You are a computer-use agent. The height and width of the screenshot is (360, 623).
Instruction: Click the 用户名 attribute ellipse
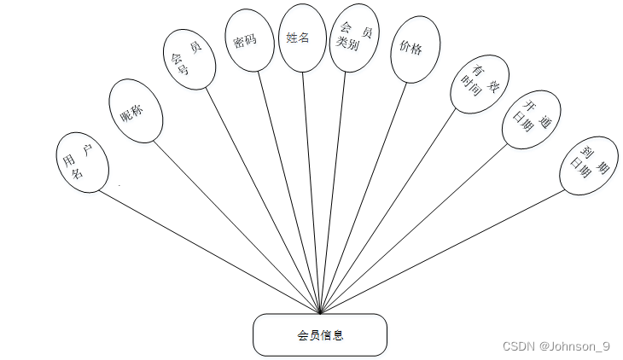click(82, 162)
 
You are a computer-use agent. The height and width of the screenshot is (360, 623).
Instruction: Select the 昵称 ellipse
click(137, 111)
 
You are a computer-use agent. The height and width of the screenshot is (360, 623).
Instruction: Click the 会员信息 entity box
click(320, 334)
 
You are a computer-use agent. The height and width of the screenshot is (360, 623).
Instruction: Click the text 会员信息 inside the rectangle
click(320, 335)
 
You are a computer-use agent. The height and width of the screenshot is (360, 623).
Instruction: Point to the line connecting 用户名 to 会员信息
click(210, 252)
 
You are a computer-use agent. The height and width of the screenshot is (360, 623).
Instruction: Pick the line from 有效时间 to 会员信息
click(390, 212)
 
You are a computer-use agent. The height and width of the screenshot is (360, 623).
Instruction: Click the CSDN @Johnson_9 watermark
click(556, 346)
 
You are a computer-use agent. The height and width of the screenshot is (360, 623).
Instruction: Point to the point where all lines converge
click(320, 313)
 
